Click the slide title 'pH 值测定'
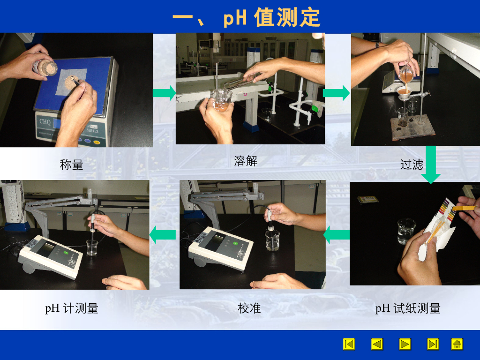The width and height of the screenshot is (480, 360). coord(272,17)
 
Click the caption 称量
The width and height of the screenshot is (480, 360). coord(71,165)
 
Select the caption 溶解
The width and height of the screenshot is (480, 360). coord(246,161)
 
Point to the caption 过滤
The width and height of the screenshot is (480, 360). coord(412,165)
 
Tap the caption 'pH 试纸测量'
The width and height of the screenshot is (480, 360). coord(408,308)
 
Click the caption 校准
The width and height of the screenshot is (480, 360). coord(249,308)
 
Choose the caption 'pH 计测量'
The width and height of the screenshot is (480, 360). coord(72,308)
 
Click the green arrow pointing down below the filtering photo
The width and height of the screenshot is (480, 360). coord(431,165)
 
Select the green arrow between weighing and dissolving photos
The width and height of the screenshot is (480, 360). coord(164,93)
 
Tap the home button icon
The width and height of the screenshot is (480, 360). coord(457,344)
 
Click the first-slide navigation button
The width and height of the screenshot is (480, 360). coord(349,344)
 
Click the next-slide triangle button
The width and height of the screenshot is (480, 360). coord(405,344)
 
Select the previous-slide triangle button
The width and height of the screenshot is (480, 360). coord(377,344)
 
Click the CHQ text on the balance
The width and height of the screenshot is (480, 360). coord(45,121)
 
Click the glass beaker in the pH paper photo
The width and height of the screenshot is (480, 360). coord(406,231)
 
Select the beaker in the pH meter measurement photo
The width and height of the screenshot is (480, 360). coord(92,247)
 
